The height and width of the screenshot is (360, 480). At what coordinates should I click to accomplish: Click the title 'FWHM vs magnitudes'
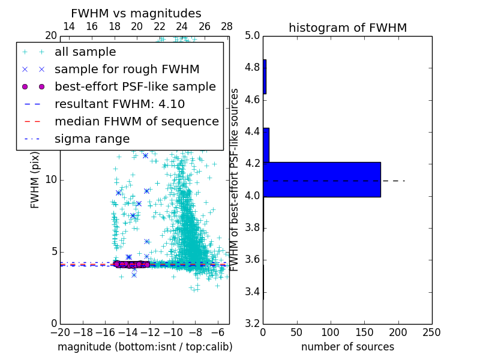[x=136, y=14]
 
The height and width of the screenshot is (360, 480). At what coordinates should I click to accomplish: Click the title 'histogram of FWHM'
[x=347, y=28]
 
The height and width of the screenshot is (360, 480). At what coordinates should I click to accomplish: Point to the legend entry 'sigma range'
[x=92, y=139]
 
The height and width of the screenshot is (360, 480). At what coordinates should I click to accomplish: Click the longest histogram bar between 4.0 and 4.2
[x=322, y=179]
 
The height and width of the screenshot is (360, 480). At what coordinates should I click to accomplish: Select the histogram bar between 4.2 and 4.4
[x=266, y=145]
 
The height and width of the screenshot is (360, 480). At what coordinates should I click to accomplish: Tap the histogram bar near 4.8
[x=265, y=76]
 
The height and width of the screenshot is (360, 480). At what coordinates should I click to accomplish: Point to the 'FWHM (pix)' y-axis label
[x=35, y=179]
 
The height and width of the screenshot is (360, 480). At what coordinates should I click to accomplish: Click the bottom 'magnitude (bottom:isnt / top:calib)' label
[x=145, y=347]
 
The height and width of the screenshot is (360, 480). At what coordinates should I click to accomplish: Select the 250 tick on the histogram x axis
[x=431, y=332]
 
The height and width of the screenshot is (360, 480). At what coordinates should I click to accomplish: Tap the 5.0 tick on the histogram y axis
[x=253, y=35]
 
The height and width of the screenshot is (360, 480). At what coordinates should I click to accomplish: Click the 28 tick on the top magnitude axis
[x=227, y=26]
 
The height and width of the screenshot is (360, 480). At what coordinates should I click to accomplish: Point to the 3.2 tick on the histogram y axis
[x=253, y=323]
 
